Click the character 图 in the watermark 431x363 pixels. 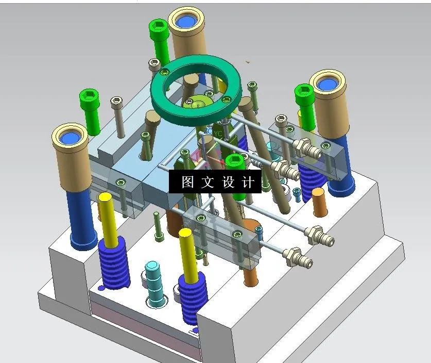tap(187, 182)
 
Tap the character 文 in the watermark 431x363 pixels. tap(208, 182)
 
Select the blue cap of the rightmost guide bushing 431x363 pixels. tap(326, 84)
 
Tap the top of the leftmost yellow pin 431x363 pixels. tap(106, 197)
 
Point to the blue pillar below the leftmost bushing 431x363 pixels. tap(82, 217)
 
